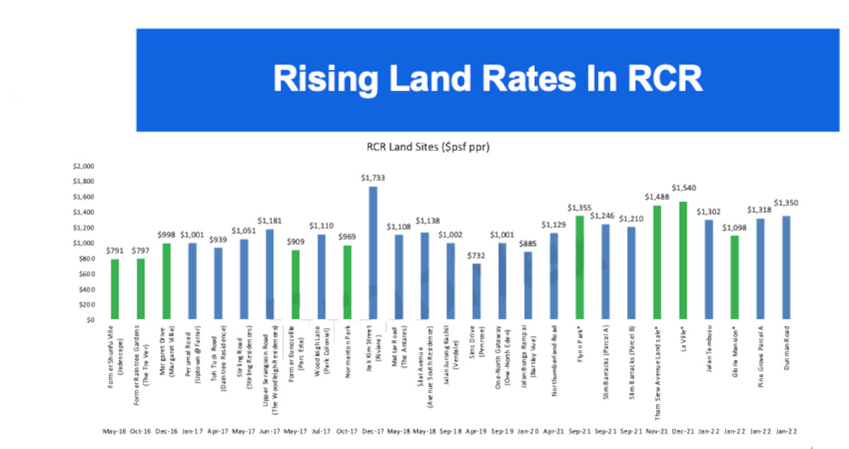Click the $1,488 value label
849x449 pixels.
pos(657,197)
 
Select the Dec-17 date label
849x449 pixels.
pos(372,429)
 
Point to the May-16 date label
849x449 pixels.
pos(115,429)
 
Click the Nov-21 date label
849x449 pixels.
pos(657,429)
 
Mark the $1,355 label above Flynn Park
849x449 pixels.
pos(579,208)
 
